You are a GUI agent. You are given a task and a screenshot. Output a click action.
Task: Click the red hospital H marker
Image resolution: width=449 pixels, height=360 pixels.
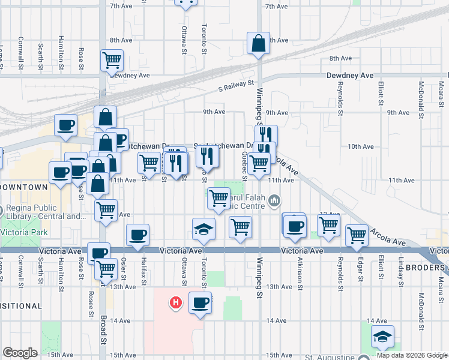175,302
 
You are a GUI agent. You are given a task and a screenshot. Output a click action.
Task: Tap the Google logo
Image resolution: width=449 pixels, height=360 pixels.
20,353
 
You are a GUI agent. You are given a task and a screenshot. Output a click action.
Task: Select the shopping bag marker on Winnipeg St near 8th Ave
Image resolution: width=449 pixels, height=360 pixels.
258,44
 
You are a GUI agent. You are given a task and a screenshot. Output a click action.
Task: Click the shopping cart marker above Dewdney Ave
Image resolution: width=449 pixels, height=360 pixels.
112,60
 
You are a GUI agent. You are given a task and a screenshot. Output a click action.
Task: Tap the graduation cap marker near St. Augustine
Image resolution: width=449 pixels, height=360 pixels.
382,338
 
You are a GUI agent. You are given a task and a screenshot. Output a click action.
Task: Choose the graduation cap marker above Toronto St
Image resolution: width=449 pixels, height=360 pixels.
204,230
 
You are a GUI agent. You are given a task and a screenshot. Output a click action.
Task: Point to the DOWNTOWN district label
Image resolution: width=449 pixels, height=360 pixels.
23,187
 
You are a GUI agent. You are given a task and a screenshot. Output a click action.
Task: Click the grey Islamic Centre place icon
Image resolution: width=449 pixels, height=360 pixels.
275,200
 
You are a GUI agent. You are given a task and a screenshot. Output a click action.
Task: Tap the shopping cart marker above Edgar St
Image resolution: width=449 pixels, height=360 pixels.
357,235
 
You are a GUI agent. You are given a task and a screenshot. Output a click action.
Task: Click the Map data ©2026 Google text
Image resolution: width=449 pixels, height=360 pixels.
411,355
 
